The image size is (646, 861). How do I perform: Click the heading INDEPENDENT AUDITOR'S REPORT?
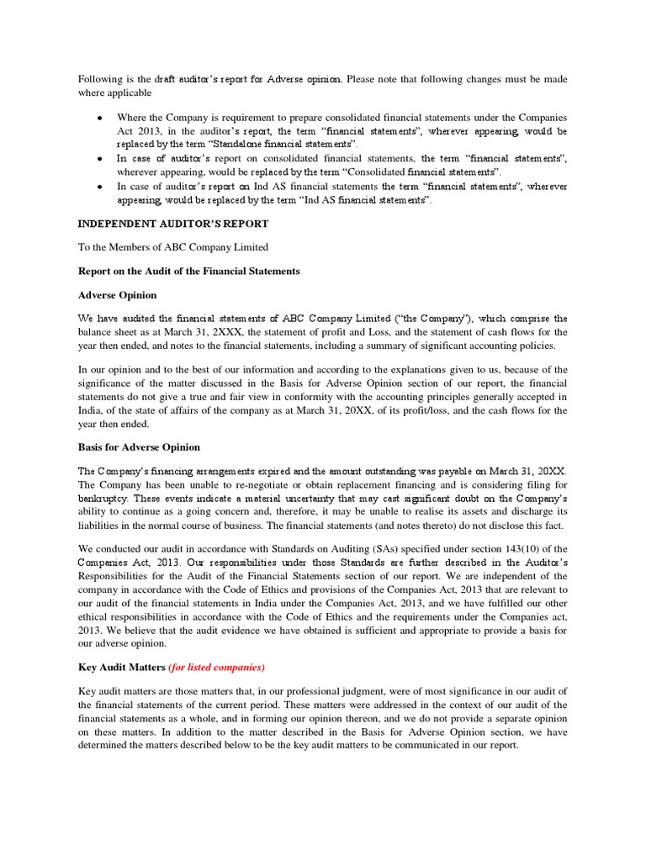click(x=173, y=224)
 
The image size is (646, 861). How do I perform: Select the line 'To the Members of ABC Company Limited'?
click(x=173, y=247)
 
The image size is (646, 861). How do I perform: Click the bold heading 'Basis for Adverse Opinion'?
click(x=139, y=446)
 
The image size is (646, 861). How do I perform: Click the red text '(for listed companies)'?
click(x=216, y=667)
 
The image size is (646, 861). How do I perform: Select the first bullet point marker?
click(x=101, y=119)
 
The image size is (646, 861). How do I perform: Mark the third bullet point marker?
click(x=101, y=187)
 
